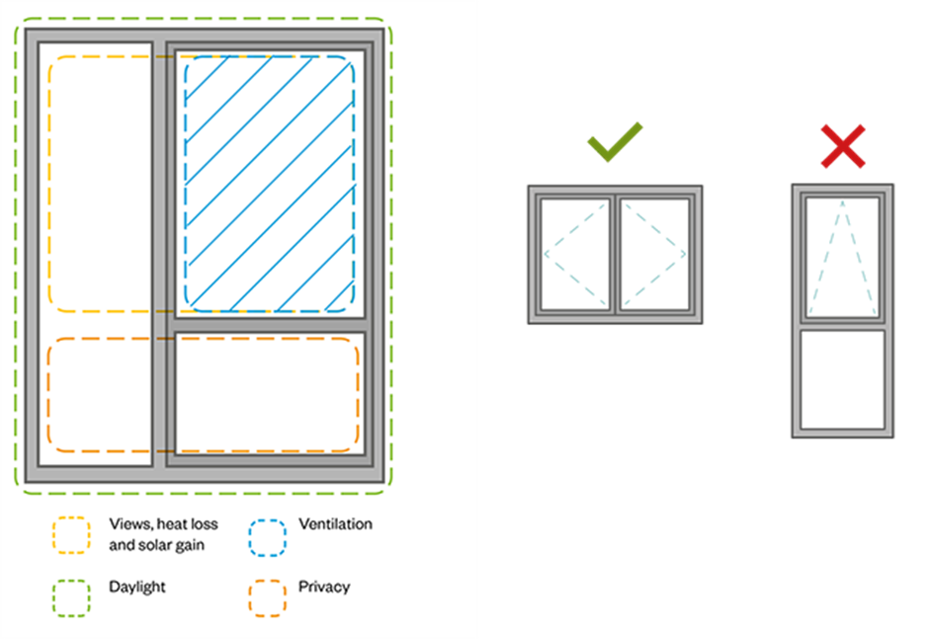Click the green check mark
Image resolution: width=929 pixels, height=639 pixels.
click(x=614, y=142)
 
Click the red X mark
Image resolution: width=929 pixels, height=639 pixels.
click(x=843, y=146)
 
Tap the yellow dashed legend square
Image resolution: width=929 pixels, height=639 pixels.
click(x=71, y=534)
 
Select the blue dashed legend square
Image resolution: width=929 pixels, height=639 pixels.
click(x=267, y=534)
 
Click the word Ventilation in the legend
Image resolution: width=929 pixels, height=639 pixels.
click(x=335, y=523)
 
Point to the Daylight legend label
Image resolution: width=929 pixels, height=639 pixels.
click(x=137, y=587)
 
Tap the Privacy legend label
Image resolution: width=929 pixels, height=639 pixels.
click(x=324, y=587)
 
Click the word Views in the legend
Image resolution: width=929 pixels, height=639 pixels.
click(x=128, y=523)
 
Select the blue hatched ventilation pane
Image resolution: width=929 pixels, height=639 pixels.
click(x=269, y=183)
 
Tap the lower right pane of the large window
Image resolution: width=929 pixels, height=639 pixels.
click(x=269, y=392)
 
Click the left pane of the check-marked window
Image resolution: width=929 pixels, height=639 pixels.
click(x=575, y=254)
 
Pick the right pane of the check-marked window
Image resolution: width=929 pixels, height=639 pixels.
click(x=654, y=254)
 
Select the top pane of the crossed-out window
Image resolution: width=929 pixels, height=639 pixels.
click(x=842, y=256)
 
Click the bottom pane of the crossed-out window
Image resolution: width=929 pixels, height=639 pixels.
click(x=842, y=379)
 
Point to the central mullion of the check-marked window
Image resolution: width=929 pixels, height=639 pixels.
click(x=615, y=254)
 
